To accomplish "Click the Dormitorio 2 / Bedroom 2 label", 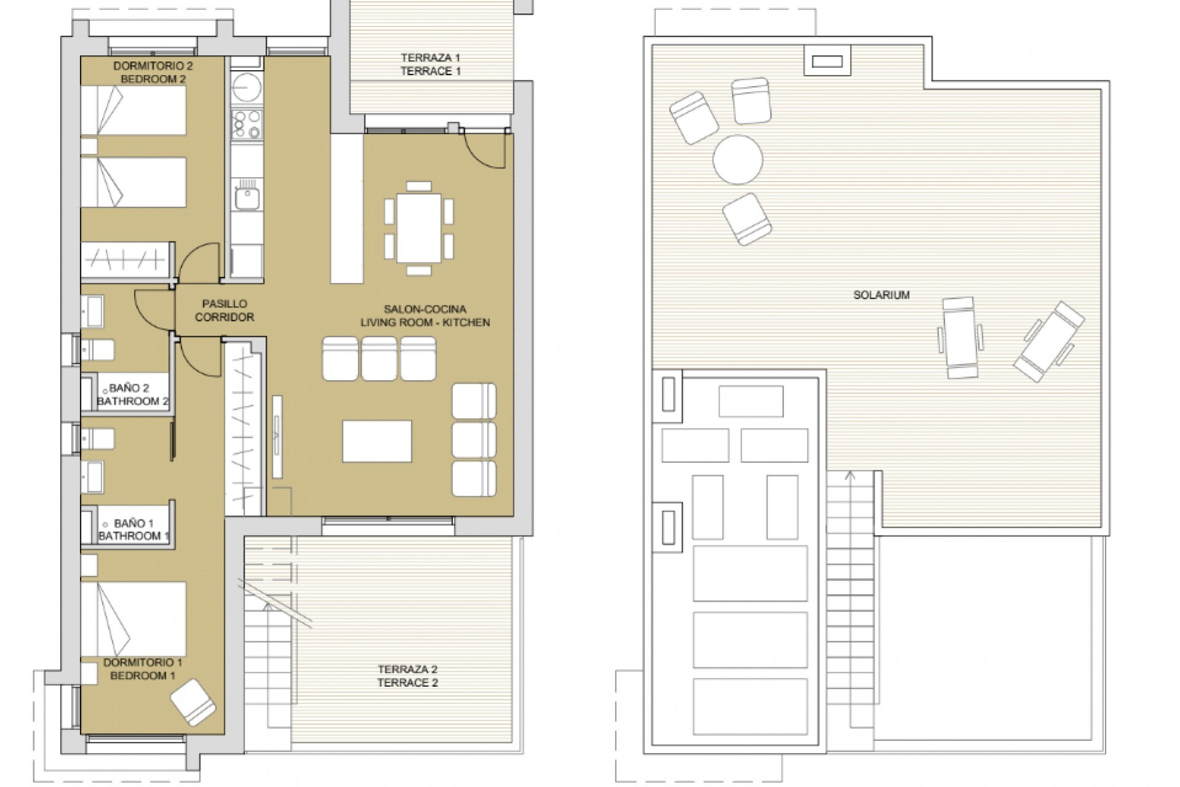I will (x=149, y=72).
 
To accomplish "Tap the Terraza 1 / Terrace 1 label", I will (x=430, y=65).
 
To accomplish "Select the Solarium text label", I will (x=881, y=295).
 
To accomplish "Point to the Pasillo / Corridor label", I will (x=224, y=310).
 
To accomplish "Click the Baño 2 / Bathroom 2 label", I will (x=132, y=395).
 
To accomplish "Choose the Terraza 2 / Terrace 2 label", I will (x=407, y=676).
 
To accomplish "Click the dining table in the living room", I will (x=419, y=228).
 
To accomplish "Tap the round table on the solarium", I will (x=737, y=159).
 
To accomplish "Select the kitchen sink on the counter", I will (x=247, y=199).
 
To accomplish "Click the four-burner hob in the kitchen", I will (x=247, y=124).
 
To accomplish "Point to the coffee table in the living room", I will (x=377, y=441).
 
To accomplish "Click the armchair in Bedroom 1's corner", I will (x=193, y=702).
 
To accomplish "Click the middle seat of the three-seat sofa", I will (x=379, y=359).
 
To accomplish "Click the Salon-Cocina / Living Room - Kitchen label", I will (x=425, y=315).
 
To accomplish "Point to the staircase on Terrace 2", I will (x=267, y=670).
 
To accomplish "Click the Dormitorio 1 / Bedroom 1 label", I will (x=143, y=669).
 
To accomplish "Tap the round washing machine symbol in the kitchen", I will (x=246, y=87).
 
